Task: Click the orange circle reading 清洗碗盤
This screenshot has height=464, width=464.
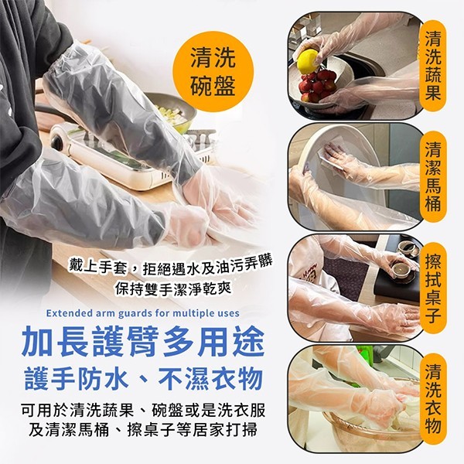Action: coord(213,72)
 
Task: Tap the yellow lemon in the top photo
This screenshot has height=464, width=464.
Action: coord(308,62)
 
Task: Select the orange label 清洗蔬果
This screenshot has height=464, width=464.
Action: coord(432,66)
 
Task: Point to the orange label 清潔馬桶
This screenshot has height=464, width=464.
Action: coord(432,176)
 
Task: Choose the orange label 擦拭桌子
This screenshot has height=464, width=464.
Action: coord(432,288)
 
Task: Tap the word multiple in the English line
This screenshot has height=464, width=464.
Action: coord(193,313)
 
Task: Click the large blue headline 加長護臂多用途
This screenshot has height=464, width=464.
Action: coord(143,343)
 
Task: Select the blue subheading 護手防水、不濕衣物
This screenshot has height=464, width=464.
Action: coord(144,378)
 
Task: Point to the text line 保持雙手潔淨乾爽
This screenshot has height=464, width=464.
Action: coord(173,288)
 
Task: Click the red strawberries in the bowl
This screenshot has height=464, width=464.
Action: coord(316,85)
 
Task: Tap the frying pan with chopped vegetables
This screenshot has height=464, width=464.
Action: coord(172,111)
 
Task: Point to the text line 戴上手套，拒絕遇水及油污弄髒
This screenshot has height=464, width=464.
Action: coord(170,266)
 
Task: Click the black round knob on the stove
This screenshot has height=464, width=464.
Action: coord(60,142)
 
